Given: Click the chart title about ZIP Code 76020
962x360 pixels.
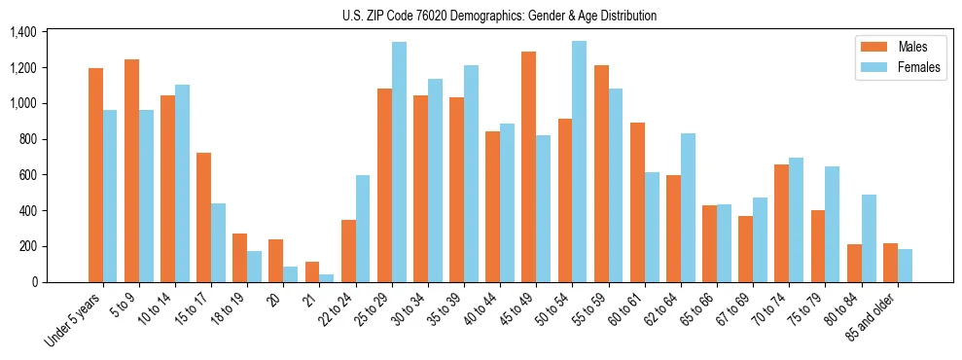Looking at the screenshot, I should (x=499, y=16).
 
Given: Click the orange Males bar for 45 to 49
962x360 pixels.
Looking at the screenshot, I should (x=529, y=166).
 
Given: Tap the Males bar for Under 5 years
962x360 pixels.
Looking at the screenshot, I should (x=95, y=175).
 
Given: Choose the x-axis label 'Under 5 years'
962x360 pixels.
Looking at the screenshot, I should (x=74, y=321).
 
